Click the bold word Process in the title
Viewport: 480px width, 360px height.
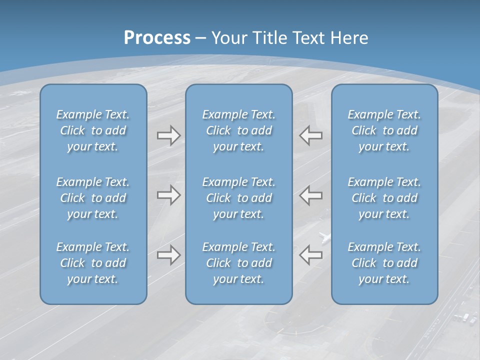(x=157, y=38)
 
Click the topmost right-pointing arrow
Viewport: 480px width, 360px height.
(x=168, y=135)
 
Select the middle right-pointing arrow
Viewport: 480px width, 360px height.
(x=168, y=195)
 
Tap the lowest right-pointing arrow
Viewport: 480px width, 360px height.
(x=168, y=255)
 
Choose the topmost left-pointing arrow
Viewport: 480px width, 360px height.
(x=311, y=135)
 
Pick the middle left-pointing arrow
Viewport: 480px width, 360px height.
(x=311, y=195)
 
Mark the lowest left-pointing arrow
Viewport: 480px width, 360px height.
(x=311, y=255)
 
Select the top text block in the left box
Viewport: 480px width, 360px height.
(x=93, y=130)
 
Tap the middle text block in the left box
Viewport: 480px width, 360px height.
(x=93, y=198)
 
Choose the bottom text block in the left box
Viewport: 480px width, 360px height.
(x=93, y=263)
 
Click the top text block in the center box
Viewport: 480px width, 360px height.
(x=238, y=130)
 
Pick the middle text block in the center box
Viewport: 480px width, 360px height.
(x=238, y=198)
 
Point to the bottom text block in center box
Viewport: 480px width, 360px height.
(x=238, y=263)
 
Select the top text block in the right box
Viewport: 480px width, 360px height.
(x=384, y=130)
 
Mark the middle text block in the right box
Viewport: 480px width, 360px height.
(x=384, y=198)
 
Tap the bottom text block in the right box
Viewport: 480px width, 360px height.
(x=384, y=263)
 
